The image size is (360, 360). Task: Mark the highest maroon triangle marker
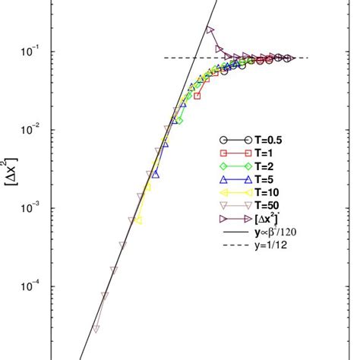(x=210, y=30)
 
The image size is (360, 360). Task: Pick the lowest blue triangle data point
(x=156, y=174)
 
